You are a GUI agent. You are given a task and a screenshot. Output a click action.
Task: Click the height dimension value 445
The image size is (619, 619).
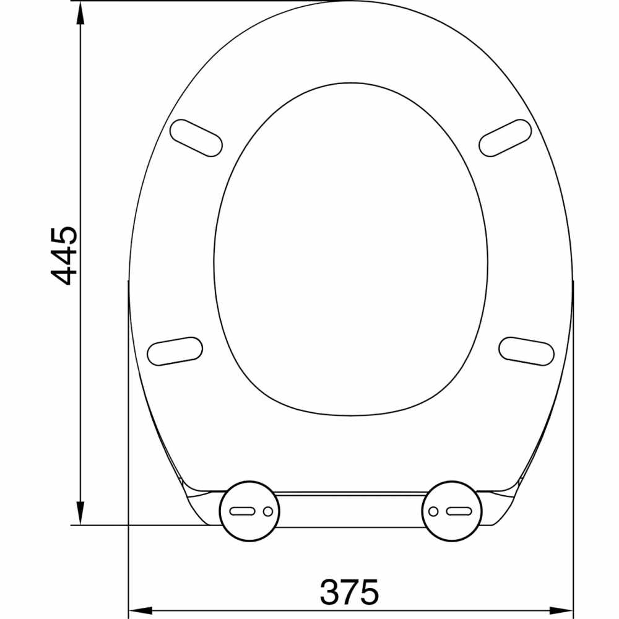pos(64,256)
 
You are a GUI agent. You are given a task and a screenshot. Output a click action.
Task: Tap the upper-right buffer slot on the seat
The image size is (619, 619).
pos(506,137)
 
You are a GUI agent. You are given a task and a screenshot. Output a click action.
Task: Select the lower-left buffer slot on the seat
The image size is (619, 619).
pos(175,351)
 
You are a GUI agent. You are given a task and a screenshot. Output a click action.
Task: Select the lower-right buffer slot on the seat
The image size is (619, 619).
pos(526,351)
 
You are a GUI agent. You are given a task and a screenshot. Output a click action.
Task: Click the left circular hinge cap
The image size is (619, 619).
pos(249,511)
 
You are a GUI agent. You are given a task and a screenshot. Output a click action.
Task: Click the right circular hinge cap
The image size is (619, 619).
pos(451,511)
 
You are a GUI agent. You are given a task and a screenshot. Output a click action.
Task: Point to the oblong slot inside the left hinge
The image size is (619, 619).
pos(242,511)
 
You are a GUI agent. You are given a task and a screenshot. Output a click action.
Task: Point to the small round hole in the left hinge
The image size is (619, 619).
pos(267,511)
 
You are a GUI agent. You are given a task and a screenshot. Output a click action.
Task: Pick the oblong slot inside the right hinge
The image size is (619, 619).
pos(459,511)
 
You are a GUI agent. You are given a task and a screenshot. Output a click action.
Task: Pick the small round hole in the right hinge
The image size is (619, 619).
pos(433,511)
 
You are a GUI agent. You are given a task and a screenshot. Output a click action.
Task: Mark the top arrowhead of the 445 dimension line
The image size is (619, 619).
pos(80,14)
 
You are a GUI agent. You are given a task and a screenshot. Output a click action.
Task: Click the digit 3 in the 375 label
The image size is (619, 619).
pos(330,592)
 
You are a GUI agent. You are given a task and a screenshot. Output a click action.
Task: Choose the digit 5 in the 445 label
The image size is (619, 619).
pos(64,237)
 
